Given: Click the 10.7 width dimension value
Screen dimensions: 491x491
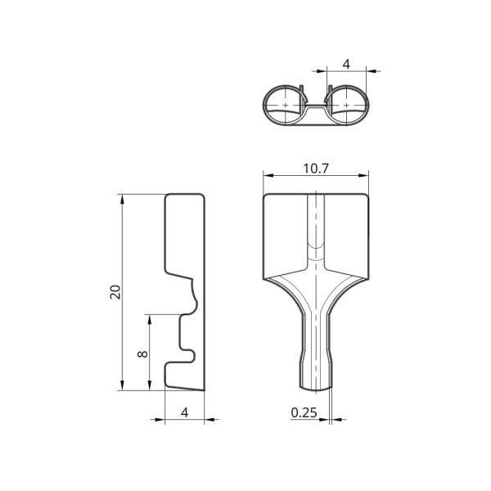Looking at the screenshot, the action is (316, 169).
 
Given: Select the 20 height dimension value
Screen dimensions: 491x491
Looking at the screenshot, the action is (115, 292).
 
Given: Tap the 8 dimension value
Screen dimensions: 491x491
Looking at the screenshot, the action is (142, 354).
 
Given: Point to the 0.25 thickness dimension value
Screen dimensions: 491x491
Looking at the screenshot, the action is (304, 412).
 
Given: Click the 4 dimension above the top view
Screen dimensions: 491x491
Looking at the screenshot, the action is (346, 64).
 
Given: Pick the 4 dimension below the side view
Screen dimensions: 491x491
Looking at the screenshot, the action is (185, 412).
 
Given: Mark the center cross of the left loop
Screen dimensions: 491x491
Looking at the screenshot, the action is (286, 106).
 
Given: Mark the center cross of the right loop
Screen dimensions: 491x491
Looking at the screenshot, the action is (346, 106).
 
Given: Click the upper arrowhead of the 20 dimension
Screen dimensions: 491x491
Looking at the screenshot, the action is (122, 199).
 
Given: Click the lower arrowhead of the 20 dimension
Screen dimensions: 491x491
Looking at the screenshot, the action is (122, 385).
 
